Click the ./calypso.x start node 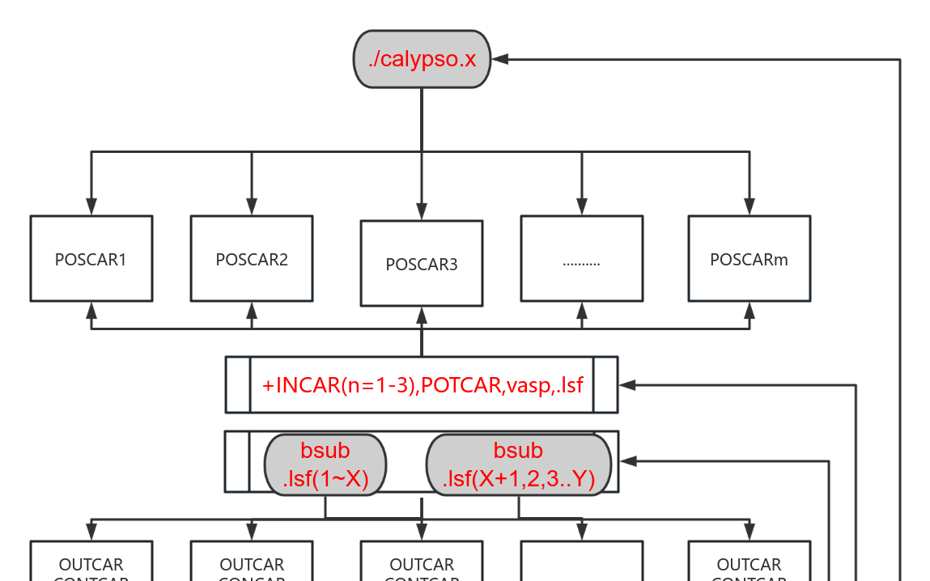[x=422, y=60]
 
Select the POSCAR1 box [x=91, y=259]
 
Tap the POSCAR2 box [x=251, y=259]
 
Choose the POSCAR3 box [x=421, y=264]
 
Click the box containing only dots [x=581, y=259]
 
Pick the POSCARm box [x=749, y=259]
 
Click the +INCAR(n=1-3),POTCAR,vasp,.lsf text [x=422, y=385]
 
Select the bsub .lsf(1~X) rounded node [x=325, y=465]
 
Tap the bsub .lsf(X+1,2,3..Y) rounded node [x=519, y=465]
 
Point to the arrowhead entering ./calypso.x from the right [x=499, y=59]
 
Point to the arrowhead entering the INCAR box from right [x=626, y=385]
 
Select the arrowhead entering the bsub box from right [x=627, y=461]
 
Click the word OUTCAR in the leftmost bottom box [x=91, y=564]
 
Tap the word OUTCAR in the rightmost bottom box [x=749, y=564]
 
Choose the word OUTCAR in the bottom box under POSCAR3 [x=421, y=564]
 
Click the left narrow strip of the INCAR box [x=237, y=384]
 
